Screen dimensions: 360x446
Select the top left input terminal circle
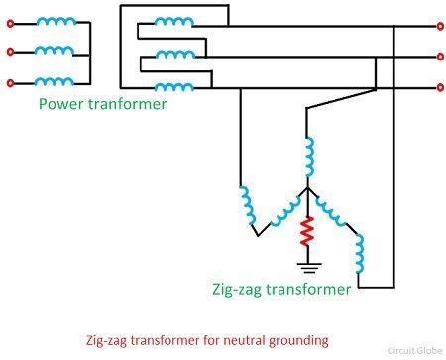pos(10,20)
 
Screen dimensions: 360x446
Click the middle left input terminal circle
pos(10,51)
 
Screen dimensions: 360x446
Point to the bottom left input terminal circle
pos(10,82)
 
